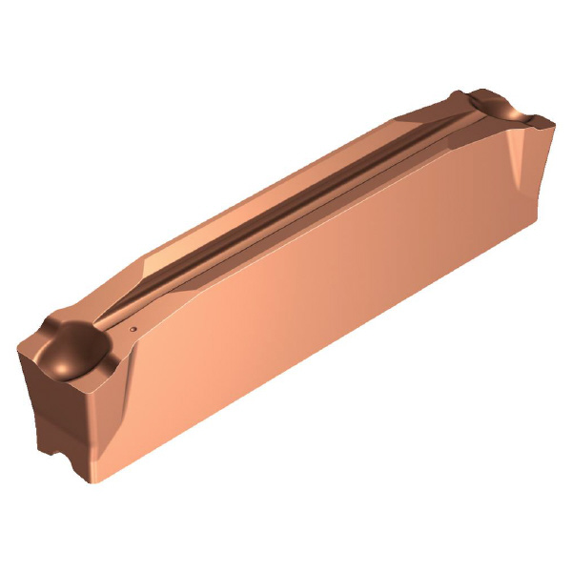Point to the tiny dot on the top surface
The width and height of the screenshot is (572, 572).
133,330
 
